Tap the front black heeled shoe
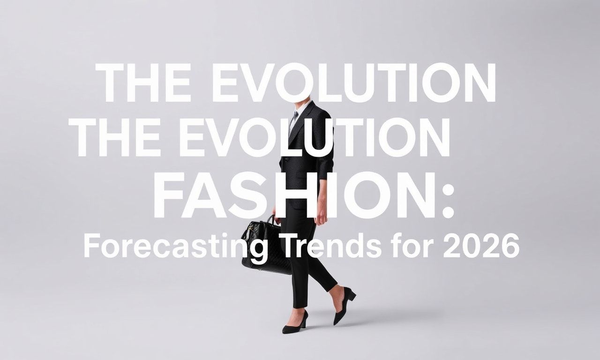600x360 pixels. [295, 323]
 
